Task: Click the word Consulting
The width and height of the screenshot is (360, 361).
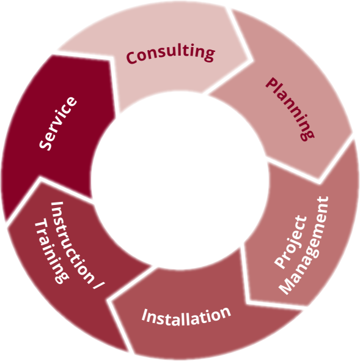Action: point(171,54)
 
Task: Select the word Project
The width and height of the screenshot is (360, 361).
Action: point(291,242)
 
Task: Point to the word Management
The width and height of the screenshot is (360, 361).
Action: point(304,245)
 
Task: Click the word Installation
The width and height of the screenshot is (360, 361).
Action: point(186,317)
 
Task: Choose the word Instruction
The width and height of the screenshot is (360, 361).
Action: point(72,242)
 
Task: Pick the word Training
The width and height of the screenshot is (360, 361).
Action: point(51,251)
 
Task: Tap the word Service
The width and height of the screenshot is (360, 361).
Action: point(58,124)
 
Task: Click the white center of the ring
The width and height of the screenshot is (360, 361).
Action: point(180,180)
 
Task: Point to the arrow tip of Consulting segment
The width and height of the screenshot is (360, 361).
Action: point(252,61)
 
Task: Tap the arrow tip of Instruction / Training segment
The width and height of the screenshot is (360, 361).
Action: point(40,179)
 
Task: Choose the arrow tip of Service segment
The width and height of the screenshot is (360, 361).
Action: point(112,59)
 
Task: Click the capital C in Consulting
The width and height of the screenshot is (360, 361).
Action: point(132,58)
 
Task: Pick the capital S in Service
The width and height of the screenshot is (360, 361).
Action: point(45,144)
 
